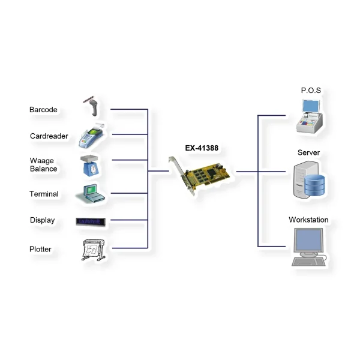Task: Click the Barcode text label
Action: (x=43, y=110)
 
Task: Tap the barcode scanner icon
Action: (x=92, y=106)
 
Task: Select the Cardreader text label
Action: (x=49, y=136)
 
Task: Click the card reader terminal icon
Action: (x=91, y=136)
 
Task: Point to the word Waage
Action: (x=42, y=160)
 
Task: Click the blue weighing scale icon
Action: (x=90, y=166)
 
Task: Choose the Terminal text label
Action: (x=44, y=194)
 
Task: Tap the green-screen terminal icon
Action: (x=90, y=193)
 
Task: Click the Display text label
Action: (x=43, y=220)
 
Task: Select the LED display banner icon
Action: (x=91, y=222)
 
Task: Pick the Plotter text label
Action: (x=40, y=249)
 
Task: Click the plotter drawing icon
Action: (x=94, y=250)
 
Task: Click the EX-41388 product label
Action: (x=202, y=148)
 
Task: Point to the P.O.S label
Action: (x=311, y=91)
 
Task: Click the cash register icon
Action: (x=309, y=116)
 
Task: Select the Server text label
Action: (x=308, y=152)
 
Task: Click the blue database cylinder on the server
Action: (x=314, y=185)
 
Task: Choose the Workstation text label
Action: (x=308, y=220)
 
